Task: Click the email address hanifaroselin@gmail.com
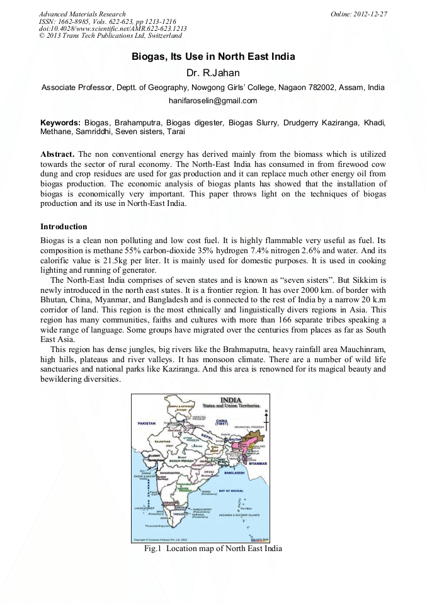(213, 101)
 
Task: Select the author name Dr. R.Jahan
(213, 74)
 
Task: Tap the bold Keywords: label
(60, 122)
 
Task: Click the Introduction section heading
(64, 226)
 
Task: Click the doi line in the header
(113, 29)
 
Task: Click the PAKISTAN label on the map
(147, 424)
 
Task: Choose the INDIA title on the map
(231, 400)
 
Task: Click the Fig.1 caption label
(153, 549)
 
